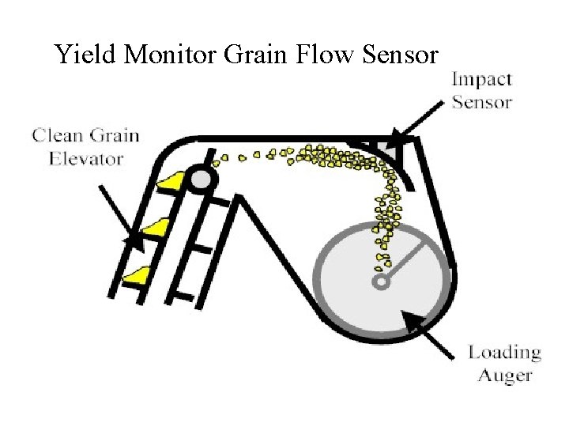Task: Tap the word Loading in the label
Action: pos(504,353)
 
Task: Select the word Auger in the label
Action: pos(504,375)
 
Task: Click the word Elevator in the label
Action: pos(86,158)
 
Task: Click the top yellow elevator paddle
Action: pos(170,182)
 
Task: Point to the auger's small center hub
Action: pos(380,281)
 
